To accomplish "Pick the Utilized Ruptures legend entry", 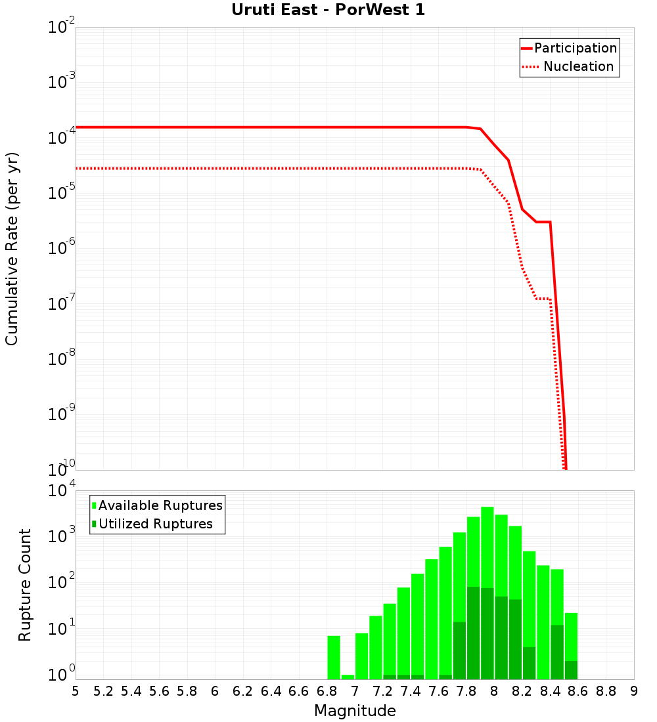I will [x=155, y=524].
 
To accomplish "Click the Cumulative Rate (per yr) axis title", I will [x=12, y=248].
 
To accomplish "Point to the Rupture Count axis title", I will [x=25, y=585].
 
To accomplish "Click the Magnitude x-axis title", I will [x=355, y=711].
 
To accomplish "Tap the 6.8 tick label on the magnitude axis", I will [x=327, y=691].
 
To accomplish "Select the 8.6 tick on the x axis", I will [x=578, y=691].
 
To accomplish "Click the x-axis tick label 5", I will [x=76, y=691].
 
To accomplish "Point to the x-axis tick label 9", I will [x=634, y=691].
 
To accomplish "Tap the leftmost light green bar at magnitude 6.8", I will [x=334, y=657].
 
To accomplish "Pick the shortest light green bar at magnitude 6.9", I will [x=348, y=677].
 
